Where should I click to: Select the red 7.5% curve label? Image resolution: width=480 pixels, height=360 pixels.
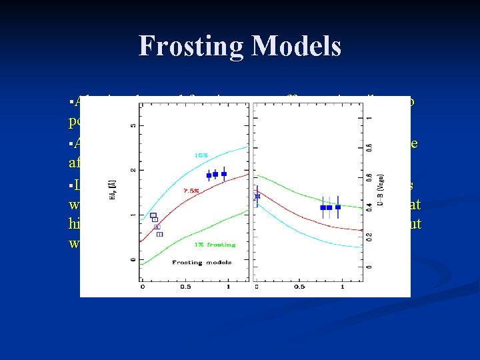[x=191, y=190]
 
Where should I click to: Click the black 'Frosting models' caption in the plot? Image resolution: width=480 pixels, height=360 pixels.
[x=197, y=262]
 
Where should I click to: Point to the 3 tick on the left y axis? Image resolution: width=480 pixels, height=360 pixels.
[x=133, y=125]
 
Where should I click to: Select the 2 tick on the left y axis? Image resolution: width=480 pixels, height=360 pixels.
[x=133, y=170]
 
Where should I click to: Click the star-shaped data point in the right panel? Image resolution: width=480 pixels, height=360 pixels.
[x=258, y=196]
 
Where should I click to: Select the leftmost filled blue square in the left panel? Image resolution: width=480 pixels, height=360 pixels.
[x=209, y=175]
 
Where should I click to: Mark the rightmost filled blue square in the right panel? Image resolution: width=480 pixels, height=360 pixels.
[x=338, y=207]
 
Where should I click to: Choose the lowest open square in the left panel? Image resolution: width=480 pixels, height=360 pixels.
[x=159, y=234]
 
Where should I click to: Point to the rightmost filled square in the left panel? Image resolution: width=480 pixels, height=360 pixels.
[x=224, y=174]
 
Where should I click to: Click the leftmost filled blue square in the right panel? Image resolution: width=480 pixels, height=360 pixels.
[x=323, y=207]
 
